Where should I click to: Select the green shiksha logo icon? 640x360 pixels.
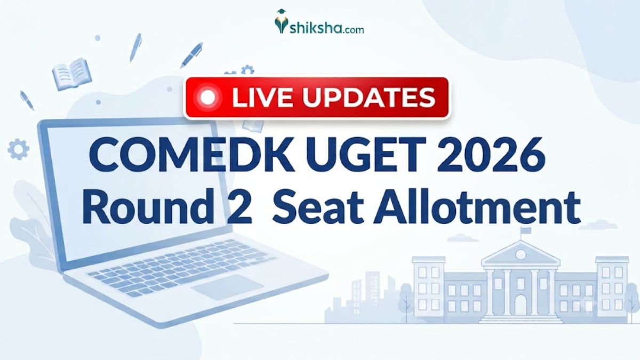(281, 21)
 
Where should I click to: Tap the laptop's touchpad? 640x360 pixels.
(227, 286)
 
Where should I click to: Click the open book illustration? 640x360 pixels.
(71, 74)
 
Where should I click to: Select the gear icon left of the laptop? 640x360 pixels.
(18, 149)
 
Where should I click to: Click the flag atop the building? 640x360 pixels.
(525, 230)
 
